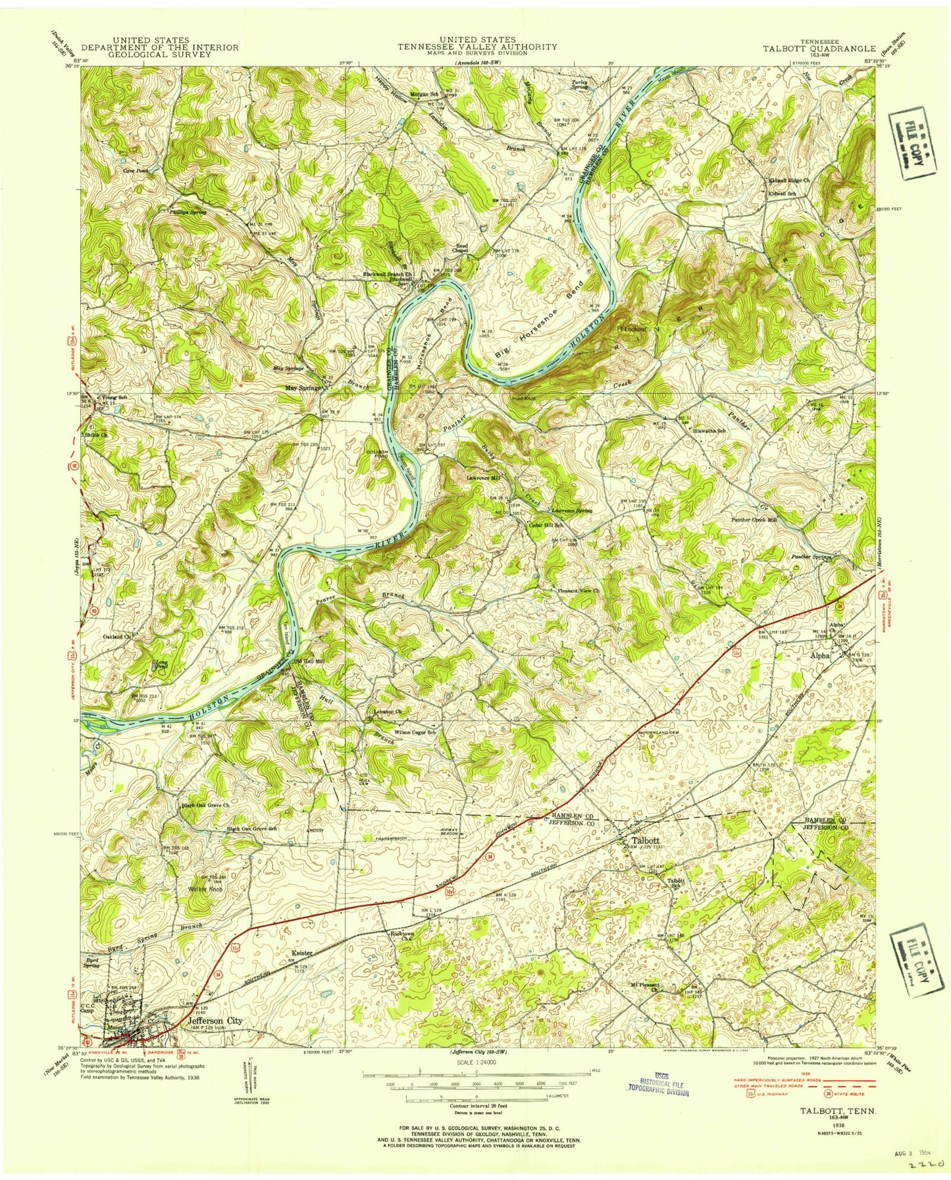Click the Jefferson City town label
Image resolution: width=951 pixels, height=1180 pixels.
[215, 1021]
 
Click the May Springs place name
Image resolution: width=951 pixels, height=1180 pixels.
[303, 388]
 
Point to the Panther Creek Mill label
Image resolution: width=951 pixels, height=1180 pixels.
[754, 520]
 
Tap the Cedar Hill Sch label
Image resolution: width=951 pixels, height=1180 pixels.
[546, 525]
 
